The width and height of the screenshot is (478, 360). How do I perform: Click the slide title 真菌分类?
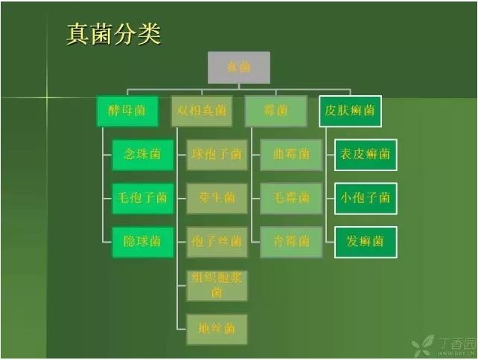coord(114,34)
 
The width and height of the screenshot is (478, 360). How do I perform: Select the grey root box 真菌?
coord(238,67)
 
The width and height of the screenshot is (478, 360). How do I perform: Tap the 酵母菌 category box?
coord(127,111)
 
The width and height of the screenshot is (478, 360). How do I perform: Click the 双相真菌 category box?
coord(202,111)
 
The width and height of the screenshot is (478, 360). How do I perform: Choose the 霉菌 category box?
coord(275,111)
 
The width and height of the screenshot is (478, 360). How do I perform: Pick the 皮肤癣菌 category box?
coord(350,111)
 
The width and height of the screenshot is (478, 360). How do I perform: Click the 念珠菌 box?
coord(142,155)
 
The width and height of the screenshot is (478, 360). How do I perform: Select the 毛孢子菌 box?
coord(142,199)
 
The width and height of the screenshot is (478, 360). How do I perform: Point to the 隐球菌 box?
coord(142,242)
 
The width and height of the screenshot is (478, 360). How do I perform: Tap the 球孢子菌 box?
coord(217,155)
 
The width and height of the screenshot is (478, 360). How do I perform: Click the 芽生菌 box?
coord(217,199)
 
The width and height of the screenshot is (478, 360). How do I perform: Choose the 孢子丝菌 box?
coord(217,242)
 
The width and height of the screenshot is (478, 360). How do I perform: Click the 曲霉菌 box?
coord(291,155)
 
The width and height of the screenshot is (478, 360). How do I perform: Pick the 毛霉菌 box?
coord(291,199)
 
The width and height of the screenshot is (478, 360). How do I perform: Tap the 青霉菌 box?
coord(291,242)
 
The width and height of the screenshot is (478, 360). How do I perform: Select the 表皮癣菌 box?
coord(366,155)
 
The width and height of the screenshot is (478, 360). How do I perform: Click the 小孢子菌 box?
coord(366,199)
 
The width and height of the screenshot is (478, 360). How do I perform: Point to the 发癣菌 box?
coord(366,242)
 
